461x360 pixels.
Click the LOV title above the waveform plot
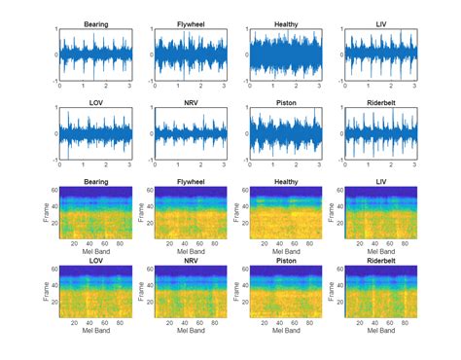pyautogui.click(x=95, y=100)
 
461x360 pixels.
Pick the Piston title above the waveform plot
pyautogui.click(x=284, y=100)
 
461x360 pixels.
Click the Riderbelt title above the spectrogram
pyautogui.click(x=378, y=261)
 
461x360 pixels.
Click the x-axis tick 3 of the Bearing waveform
pyautogui.click(x=130, y=87)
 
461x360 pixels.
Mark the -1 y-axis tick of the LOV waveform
pyautogui.click(x=54, y=160)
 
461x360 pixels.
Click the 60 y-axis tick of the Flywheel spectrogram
pyautogui.click(x=147, y=189)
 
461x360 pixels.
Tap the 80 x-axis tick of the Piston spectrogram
pyautogui.click(x=306, y=322)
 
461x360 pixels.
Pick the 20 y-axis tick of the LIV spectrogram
pyautogui.click(x=337, y=223)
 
